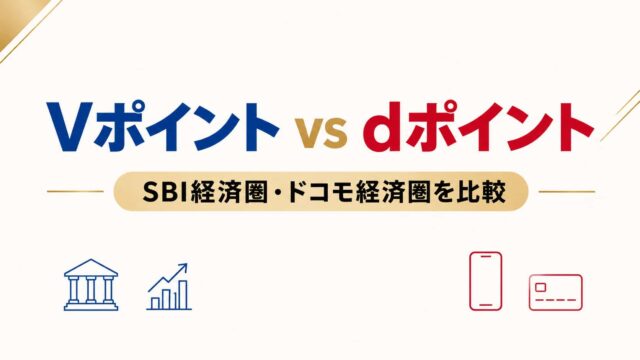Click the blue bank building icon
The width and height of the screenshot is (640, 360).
(91, 284)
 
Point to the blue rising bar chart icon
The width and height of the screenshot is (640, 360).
(169, 287)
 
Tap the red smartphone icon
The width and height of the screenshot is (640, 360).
(486, 281)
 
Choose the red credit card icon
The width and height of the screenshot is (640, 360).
(556, 292)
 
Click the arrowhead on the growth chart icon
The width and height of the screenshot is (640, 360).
(182, 268)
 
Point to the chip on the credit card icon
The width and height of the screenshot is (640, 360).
(540, 287)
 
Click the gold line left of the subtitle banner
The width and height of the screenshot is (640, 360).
(75, 191)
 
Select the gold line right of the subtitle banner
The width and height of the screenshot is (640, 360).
(567, 191)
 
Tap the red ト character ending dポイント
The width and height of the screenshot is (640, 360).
(572, 127)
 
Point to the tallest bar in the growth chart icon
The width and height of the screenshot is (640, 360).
(183, 295)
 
